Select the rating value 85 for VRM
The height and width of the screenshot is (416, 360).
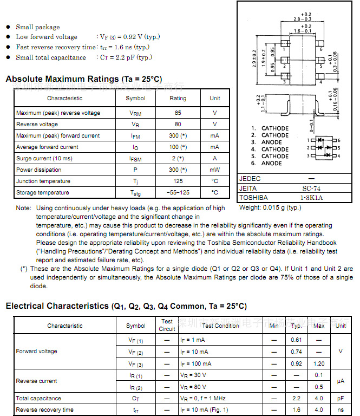(178, 113)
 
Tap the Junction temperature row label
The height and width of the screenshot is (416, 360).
(43, 181)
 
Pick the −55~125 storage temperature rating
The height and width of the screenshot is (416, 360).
(178, 193)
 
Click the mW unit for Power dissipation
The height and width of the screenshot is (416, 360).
(215, 170)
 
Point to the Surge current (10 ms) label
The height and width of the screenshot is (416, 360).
(44, 159)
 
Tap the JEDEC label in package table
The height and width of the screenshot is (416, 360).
(250, 179)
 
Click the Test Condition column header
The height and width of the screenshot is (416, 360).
(221, 326)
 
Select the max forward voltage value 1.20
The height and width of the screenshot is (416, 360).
(319, 364)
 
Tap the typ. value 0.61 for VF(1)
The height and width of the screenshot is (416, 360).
(296, 340)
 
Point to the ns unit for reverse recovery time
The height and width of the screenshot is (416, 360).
(340, 410)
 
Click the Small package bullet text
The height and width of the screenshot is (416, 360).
(38, 27)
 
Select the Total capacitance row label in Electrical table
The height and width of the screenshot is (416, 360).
(38, 398)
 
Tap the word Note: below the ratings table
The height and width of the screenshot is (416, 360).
(23, 208)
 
